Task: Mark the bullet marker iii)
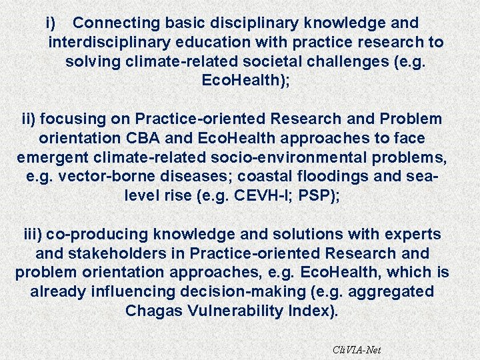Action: click(x=33, y=235)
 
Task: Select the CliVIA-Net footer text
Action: click(x=357, y=349)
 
